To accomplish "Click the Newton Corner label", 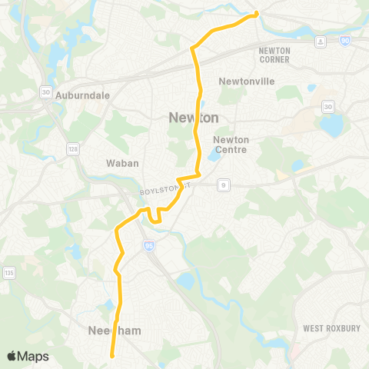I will pos(274,55).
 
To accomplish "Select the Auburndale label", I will pos(89,95).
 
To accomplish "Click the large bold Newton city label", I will pos(194,117).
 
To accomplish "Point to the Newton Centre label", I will pos(231,145).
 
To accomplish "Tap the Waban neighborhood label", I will pos(120,163).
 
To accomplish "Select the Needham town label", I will pos(108,331).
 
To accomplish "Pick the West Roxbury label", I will pos(331,328).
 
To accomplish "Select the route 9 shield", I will pos(223,184).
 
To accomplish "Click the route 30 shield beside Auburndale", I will pos(46,92).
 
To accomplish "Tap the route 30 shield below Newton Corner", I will pos(329,106).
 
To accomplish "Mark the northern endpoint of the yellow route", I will pos(257,13).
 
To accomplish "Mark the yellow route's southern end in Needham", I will pos(112,355).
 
